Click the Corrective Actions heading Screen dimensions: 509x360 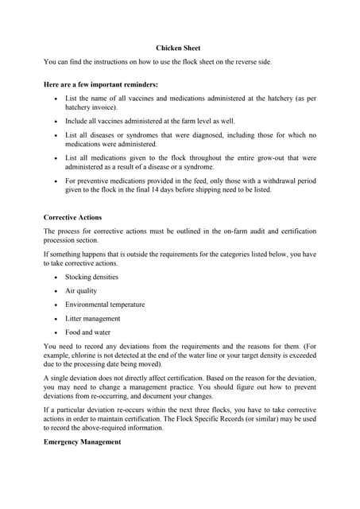pyautogui.click(x=72, y=217)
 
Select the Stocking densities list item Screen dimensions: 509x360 pyautogui.click(x=91, y=277)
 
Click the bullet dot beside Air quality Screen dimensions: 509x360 pyautogui.click(x=53, y=291)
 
